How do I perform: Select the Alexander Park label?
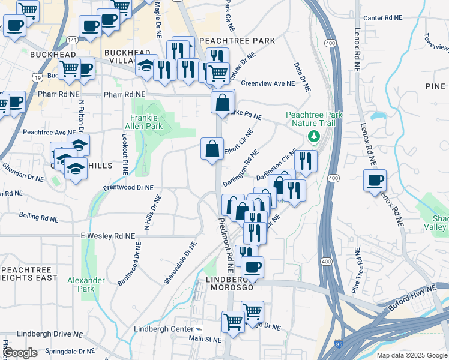tap(86, 284)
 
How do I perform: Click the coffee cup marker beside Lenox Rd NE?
tap(375, 180)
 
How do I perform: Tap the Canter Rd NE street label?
tap(382, 18)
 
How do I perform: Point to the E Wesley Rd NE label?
tap(108, 236)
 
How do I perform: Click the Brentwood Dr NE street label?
tap(128, 187)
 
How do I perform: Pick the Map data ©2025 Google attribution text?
tap(411, 355)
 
